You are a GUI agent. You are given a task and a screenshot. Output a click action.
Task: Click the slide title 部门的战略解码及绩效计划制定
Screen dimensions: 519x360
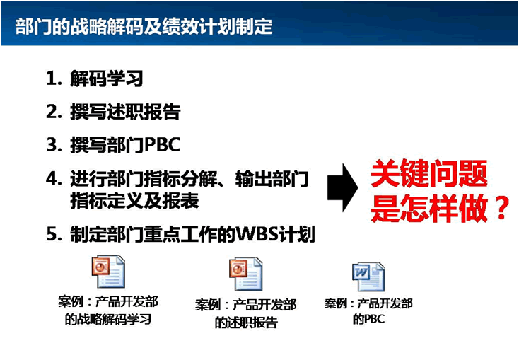point(144,26)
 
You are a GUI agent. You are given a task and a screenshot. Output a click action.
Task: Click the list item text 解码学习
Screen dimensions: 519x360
point(107,79)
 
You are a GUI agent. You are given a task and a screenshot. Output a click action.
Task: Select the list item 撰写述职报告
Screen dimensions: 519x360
point(125,112)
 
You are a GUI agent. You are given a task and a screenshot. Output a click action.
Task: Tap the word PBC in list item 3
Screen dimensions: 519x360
point(162,144)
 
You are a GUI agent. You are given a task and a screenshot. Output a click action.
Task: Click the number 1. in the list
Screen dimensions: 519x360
point(54,79)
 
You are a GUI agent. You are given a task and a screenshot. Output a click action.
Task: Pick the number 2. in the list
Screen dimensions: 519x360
point(54,112)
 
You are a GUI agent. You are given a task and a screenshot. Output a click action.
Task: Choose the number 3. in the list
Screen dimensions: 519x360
point(54,145)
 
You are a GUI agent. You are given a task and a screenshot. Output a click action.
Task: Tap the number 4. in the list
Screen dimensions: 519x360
point(54,178)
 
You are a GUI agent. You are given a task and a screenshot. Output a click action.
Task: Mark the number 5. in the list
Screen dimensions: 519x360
point(54,234)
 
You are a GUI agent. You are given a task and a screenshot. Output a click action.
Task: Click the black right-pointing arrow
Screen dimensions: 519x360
point(342,187)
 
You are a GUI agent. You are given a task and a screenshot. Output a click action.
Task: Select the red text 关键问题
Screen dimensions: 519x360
point(429,173)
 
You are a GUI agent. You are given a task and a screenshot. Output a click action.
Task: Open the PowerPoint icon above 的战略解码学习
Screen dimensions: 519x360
point(108,272)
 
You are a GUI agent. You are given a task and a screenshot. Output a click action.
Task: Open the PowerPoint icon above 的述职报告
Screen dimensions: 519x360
point(245,274)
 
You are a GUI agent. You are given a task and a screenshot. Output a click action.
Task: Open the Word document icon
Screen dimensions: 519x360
point(368,277)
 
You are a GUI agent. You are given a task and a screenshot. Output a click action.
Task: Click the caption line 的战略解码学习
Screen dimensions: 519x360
point(108,319)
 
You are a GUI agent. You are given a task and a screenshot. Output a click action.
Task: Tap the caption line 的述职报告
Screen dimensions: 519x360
point(246,322)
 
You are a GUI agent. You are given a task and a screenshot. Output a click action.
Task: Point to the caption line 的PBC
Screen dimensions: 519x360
point(368,319)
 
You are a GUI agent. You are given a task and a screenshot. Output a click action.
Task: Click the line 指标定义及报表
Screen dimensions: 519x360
point(134,200)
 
